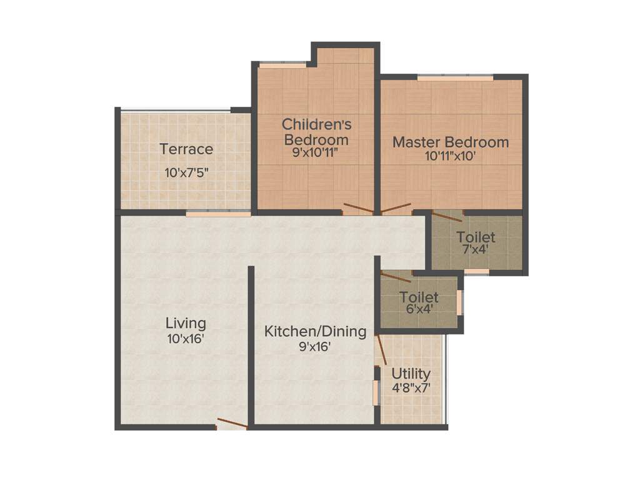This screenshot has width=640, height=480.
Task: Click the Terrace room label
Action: click(x=186, y=149)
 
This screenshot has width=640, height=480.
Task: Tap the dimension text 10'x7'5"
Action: click(x=186, y=173)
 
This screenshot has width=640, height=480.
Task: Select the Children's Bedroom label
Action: click(x=315, y=131)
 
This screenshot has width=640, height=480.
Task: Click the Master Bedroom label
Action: click(x=451, y=142)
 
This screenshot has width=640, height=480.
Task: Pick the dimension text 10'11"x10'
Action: click(x=451, y=156)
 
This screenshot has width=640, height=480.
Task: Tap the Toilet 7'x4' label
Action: click(x=476, y=237)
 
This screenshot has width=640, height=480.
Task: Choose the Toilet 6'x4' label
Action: click(x=419, y=297)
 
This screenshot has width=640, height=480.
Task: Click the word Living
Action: click(x=186, y=323)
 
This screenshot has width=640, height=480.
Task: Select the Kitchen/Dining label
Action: click(x=315, y=331)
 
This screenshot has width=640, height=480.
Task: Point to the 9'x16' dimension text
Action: click(x=315, y=346)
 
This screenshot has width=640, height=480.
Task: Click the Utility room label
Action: click(x=411, y=374)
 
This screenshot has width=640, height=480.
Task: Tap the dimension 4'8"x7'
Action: click(x=411, y=387)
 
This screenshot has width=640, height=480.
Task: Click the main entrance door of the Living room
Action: click(x=231, y=424)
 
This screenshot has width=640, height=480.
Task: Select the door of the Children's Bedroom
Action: click(x=359, y=209)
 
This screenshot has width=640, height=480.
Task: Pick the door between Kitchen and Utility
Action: click(x=381, y=349)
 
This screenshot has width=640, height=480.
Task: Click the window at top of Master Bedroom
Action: click(x=455, y=77)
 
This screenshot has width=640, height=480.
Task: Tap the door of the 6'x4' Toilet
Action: click(x=396, y=277)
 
